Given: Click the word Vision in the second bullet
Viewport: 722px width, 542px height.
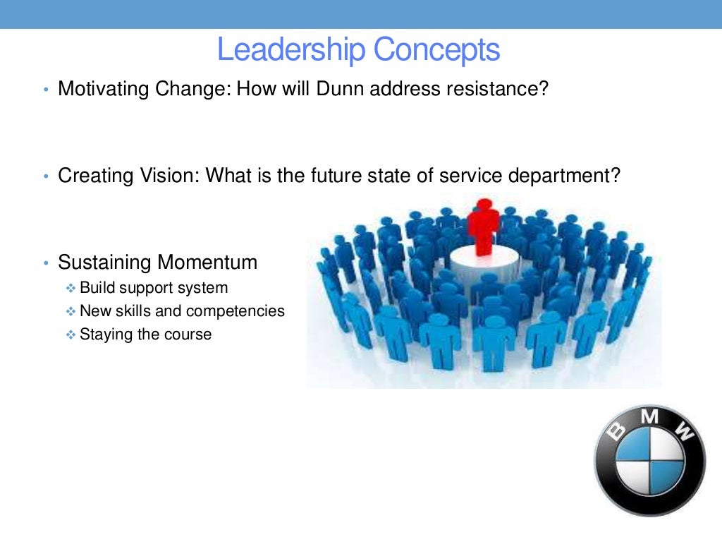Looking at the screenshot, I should (173, 176).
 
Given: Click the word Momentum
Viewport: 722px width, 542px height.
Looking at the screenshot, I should (207, 263).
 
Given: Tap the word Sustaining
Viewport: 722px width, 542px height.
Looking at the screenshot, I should (105, 263).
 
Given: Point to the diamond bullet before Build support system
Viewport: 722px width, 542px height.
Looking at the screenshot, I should (70, 289).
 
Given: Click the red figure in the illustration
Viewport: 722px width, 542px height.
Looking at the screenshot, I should (483, 226).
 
